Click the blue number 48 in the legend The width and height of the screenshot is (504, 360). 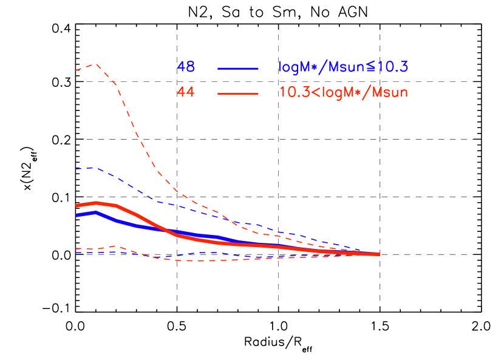pyautogui.click(x=185, y=67)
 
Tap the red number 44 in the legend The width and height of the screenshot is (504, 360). pyautogui.click(x=185, y=92)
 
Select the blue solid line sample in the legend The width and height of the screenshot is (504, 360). pyautogui.click(x=238, y=69)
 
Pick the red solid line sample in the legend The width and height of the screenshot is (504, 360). pyautogui.click(x=238, y=93)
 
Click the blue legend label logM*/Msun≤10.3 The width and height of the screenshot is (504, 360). pyautogui.click(x=343, y=67)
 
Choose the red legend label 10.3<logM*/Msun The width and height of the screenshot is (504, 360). pyautogui.click(x=343, y=93)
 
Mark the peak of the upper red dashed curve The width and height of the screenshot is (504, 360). pyautogui.click(x=95, y=64)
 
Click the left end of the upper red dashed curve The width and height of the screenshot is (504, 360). pyautogui.click(x=76, y=70)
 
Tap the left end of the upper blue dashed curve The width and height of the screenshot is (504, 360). pyautogui.click(x=76, y=169)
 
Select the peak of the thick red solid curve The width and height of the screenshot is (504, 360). pyautogui.click(x=96, y=203)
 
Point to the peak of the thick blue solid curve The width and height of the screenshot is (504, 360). pyautogui.click(x=95, y=212)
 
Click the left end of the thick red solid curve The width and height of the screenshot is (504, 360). pyautogui.click(x=77, y=206)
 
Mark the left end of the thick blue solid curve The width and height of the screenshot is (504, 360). pyautogui.click(x=77, y=215)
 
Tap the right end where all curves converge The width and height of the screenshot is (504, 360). pyautogui.click(x=379, y=254)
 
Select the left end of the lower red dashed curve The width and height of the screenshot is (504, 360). pyautogui.click(x=76, y=248)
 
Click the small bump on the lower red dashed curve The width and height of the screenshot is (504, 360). pyautogui.click(x=117, y=246)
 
